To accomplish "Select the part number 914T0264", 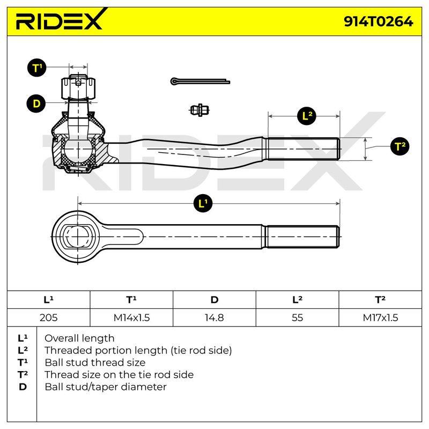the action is [379, 21].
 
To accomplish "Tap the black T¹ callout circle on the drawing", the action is [36, 68].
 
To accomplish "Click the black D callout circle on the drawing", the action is [36, 103].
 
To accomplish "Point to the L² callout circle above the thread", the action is [307, 116].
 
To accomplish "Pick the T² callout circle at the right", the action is [400, 146].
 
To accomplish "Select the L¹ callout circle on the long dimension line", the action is [203, 204].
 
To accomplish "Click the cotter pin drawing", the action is [200, 82].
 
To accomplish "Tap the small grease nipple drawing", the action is [199, 110].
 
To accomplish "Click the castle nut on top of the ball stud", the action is [78, 87].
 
